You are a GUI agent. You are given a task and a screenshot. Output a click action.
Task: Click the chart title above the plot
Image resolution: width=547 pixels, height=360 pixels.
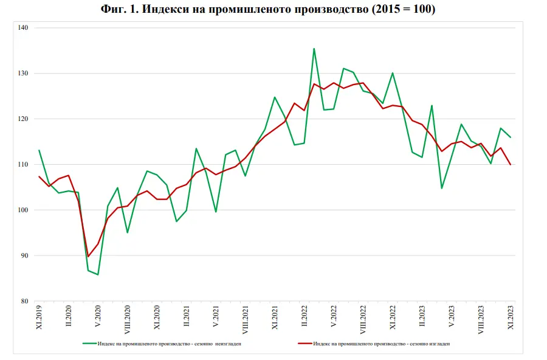273,10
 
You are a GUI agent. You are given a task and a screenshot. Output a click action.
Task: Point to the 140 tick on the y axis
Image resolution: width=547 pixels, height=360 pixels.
23,28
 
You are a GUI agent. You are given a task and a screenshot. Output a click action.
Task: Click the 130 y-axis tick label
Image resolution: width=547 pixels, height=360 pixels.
23,74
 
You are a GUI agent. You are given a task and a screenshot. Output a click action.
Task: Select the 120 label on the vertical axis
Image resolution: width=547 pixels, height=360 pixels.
23,119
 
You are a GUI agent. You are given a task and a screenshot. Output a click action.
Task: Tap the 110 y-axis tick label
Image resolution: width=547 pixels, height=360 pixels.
23,165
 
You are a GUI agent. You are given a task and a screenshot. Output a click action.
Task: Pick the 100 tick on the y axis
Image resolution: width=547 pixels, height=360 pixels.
23,210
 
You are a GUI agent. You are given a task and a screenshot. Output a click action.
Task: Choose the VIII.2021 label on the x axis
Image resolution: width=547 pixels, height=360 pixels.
245,318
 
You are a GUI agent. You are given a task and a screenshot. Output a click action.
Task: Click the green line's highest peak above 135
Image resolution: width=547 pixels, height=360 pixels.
314,49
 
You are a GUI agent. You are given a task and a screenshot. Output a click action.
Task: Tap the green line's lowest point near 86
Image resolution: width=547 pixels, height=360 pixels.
98,275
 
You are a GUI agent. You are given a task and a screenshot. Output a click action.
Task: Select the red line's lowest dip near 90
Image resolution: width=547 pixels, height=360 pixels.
88,257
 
